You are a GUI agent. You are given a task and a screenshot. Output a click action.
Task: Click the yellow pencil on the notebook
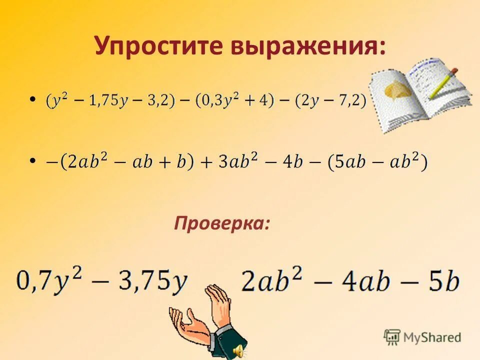(443, 82)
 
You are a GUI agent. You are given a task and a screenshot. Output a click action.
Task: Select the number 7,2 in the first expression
(349, 100)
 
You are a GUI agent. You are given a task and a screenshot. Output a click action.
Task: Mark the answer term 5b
(443, 281)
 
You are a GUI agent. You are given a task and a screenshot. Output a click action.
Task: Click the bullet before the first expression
(33, 100)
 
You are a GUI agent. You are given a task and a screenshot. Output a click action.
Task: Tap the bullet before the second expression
(33, 160)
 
